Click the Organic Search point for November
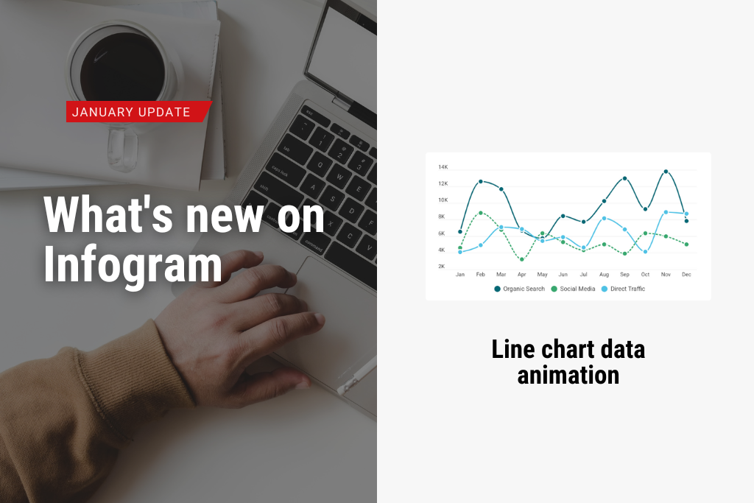[666, 172]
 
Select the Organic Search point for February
[481, 181]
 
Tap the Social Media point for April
[522, 259]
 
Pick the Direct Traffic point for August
[604, 218]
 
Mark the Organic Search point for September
[624, 178]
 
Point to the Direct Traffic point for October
[645, 252]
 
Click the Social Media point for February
[481, 213]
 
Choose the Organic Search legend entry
[519, 289]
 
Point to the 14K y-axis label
[443, 167]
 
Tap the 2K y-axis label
[442, 267]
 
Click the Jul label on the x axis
[583, 275]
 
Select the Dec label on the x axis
[686, 275]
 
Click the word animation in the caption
[568, 375]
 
